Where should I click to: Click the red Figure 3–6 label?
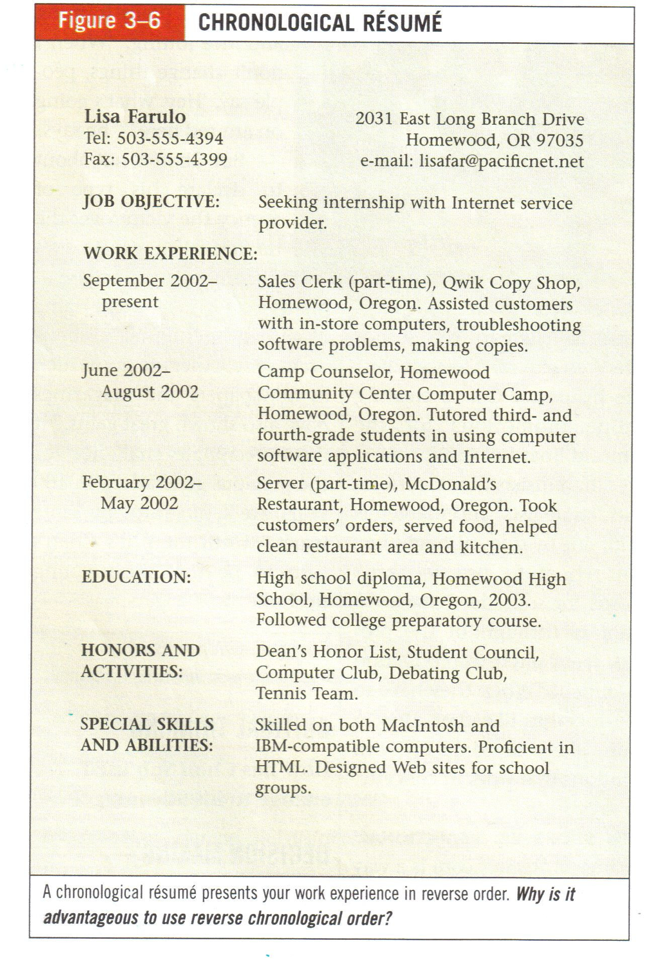pos(109,22)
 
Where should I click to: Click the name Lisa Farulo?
pos(135,117)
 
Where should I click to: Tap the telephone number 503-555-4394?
pos(170,138)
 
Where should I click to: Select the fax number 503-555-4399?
pos(175,159)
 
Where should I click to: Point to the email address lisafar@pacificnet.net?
pos(502,161)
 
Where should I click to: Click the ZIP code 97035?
pos(559,140)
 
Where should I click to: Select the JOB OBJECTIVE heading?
pos(151,202)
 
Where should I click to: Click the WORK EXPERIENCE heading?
pos(170,253)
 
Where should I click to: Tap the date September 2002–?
pos(150,280)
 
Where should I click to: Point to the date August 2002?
pos(150,391)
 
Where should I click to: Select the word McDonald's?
pos(450,483)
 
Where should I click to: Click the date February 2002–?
pos(142,482)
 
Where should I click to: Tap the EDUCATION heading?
pos(136,577)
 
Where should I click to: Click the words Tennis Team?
pos(306,694)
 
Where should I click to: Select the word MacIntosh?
pos(423,725)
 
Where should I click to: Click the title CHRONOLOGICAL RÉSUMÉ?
pos(320,23)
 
